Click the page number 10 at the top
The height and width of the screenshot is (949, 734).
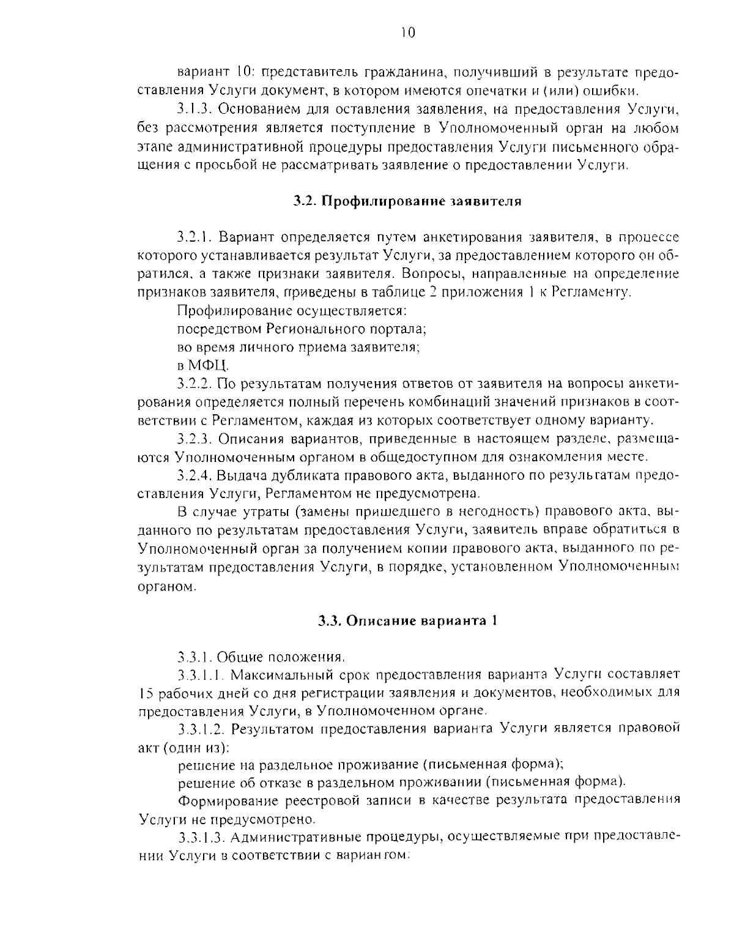point(409,32)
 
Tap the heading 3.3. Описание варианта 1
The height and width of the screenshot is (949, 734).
point(407,621)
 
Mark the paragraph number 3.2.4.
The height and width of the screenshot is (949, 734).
point(195,475)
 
